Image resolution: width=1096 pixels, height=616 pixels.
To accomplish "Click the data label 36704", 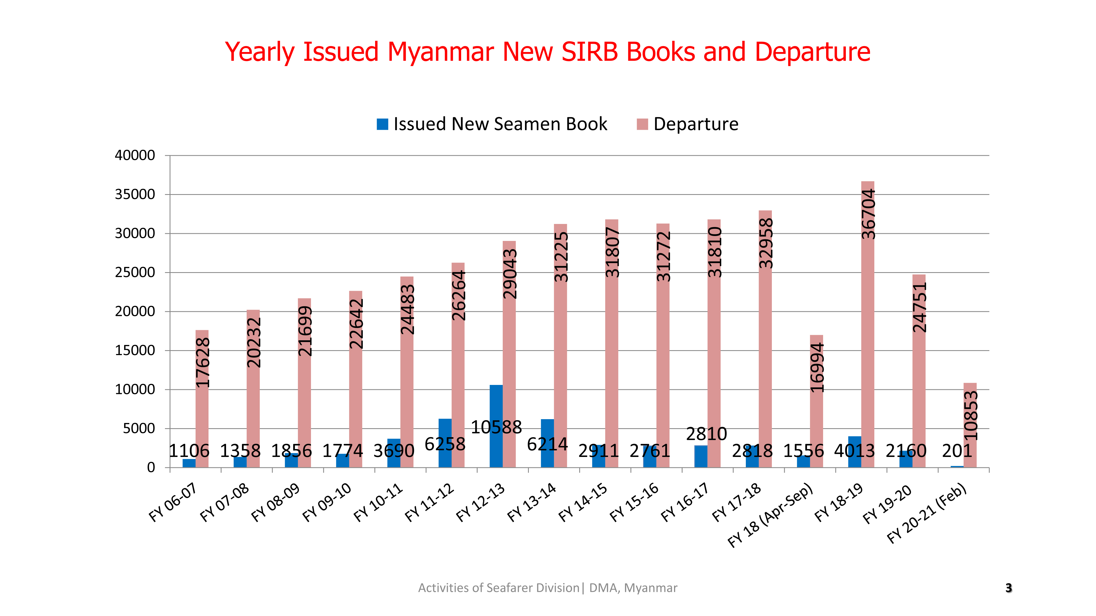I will pos(868,214).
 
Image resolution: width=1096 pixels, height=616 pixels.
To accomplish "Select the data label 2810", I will pos(706,434).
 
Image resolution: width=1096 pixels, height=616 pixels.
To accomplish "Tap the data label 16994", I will pos(817,367).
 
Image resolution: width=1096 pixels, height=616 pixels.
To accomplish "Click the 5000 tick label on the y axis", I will pos(139,428).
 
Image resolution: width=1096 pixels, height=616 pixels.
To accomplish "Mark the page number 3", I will pos(1008,588).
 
